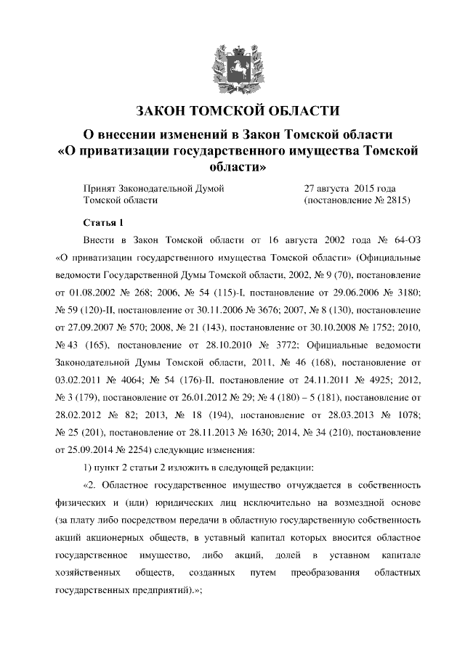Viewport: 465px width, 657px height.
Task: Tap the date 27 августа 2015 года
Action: point(349,187)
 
